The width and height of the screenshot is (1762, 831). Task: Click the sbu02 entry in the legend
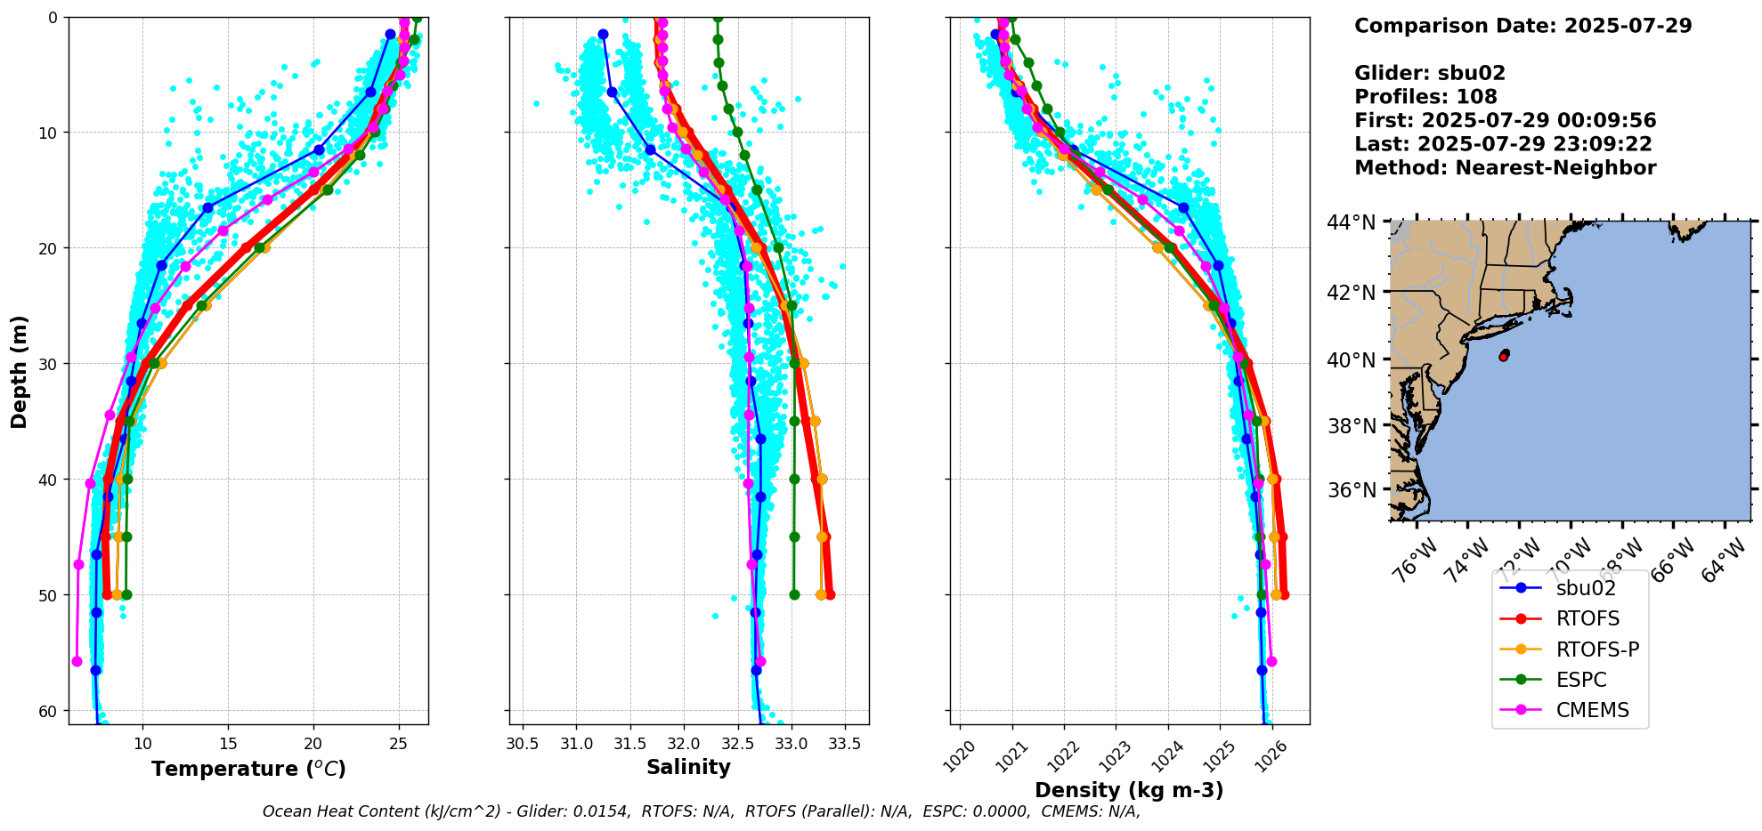coord(1585,588)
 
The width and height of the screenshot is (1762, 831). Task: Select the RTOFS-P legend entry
coord(1597,649)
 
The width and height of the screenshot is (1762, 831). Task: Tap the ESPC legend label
coord(1581,680)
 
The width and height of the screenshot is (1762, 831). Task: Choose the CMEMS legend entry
coord(1592,710)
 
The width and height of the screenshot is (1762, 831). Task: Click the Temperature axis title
coord(248,769)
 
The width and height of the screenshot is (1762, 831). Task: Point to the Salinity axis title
coord(688,767)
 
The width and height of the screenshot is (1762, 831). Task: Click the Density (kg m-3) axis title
coord(1129,790)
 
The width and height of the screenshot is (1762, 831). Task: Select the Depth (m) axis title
coord(20,371)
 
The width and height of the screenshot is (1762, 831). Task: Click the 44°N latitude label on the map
coord(1352,222)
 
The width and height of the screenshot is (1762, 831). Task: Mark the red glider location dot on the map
coord(1504,356)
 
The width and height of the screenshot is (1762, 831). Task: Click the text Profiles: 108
coord(1425,97)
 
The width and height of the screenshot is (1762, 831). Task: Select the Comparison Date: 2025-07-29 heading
coord(1522,26)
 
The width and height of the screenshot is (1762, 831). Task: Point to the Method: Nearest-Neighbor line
coord(1505,168)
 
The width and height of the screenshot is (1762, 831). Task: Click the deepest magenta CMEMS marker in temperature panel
coord(77,661)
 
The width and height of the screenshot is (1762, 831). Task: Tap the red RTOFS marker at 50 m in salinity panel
coord(830,594)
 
